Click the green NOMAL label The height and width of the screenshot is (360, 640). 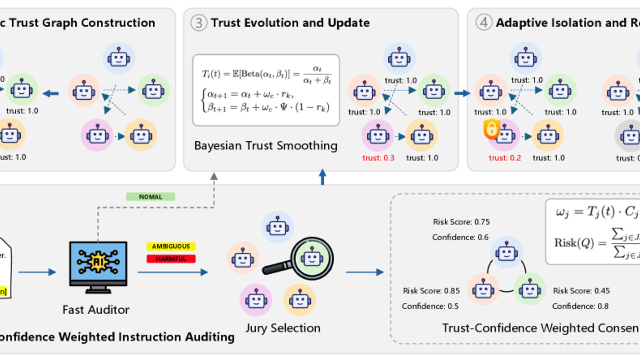[150, 197]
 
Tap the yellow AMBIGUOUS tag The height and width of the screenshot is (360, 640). [171, 246]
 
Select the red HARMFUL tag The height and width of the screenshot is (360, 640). [171, 259]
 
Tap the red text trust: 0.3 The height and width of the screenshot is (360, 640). [378, 158]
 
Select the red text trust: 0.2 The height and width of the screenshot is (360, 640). [505, 158]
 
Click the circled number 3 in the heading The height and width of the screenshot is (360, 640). [198, 23]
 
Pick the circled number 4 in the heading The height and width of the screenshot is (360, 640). [483, 23]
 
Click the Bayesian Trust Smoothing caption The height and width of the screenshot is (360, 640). [266, 146]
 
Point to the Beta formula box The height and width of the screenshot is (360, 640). [266, 90]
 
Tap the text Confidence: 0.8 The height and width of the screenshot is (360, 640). [580, 306]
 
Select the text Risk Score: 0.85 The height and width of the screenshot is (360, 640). [431, 291]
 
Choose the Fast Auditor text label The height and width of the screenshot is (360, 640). [96, 309]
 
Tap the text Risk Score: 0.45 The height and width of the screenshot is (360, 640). [581, 291]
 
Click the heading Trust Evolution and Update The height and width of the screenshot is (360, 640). [290, 23]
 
